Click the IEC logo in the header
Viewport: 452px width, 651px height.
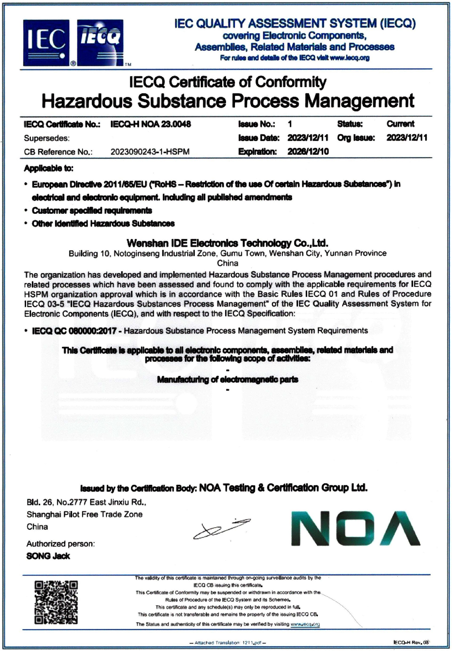pos(46,43)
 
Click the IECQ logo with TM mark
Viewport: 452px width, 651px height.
pos(100,43)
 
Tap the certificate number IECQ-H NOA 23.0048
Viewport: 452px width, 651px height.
pos(150,124)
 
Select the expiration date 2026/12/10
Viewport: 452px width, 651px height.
pos(308,151)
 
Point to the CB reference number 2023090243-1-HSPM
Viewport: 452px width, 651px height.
pos(150,152)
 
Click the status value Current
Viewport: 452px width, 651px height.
pos(400,124)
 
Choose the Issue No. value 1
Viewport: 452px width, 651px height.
pos(290,124)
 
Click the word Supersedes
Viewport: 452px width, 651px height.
pos(47,138)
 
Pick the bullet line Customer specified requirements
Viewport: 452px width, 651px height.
pos(92,210)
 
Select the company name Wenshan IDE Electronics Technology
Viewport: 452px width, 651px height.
pos(227,243)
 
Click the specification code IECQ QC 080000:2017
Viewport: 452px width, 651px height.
pos(74,331)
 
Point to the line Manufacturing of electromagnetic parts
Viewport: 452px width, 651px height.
pos(227,380)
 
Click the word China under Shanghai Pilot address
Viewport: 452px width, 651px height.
pos(37,527)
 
